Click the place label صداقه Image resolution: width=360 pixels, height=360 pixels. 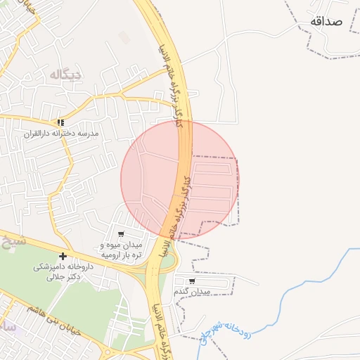pyautogui.click(x=325, y=21)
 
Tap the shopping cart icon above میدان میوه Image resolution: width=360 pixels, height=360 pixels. pyautogui.click(x=121, y=234)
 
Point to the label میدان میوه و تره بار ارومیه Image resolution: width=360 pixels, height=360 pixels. pyautogui.click(x=121, y=250)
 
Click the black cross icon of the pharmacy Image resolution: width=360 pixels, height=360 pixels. pyautogui.click(x=63, y=256)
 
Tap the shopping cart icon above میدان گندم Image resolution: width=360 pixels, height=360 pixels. pyautogui.click(x=192, y=281)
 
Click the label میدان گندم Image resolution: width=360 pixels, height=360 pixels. pyautogui.click(x=194, y=291)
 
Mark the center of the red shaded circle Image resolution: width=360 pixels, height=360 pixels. pyautogui.click(x=180, y=180)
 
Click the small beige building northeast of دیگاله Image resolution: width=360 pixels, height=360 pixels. pyautogui.click(x=125, y=37)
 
